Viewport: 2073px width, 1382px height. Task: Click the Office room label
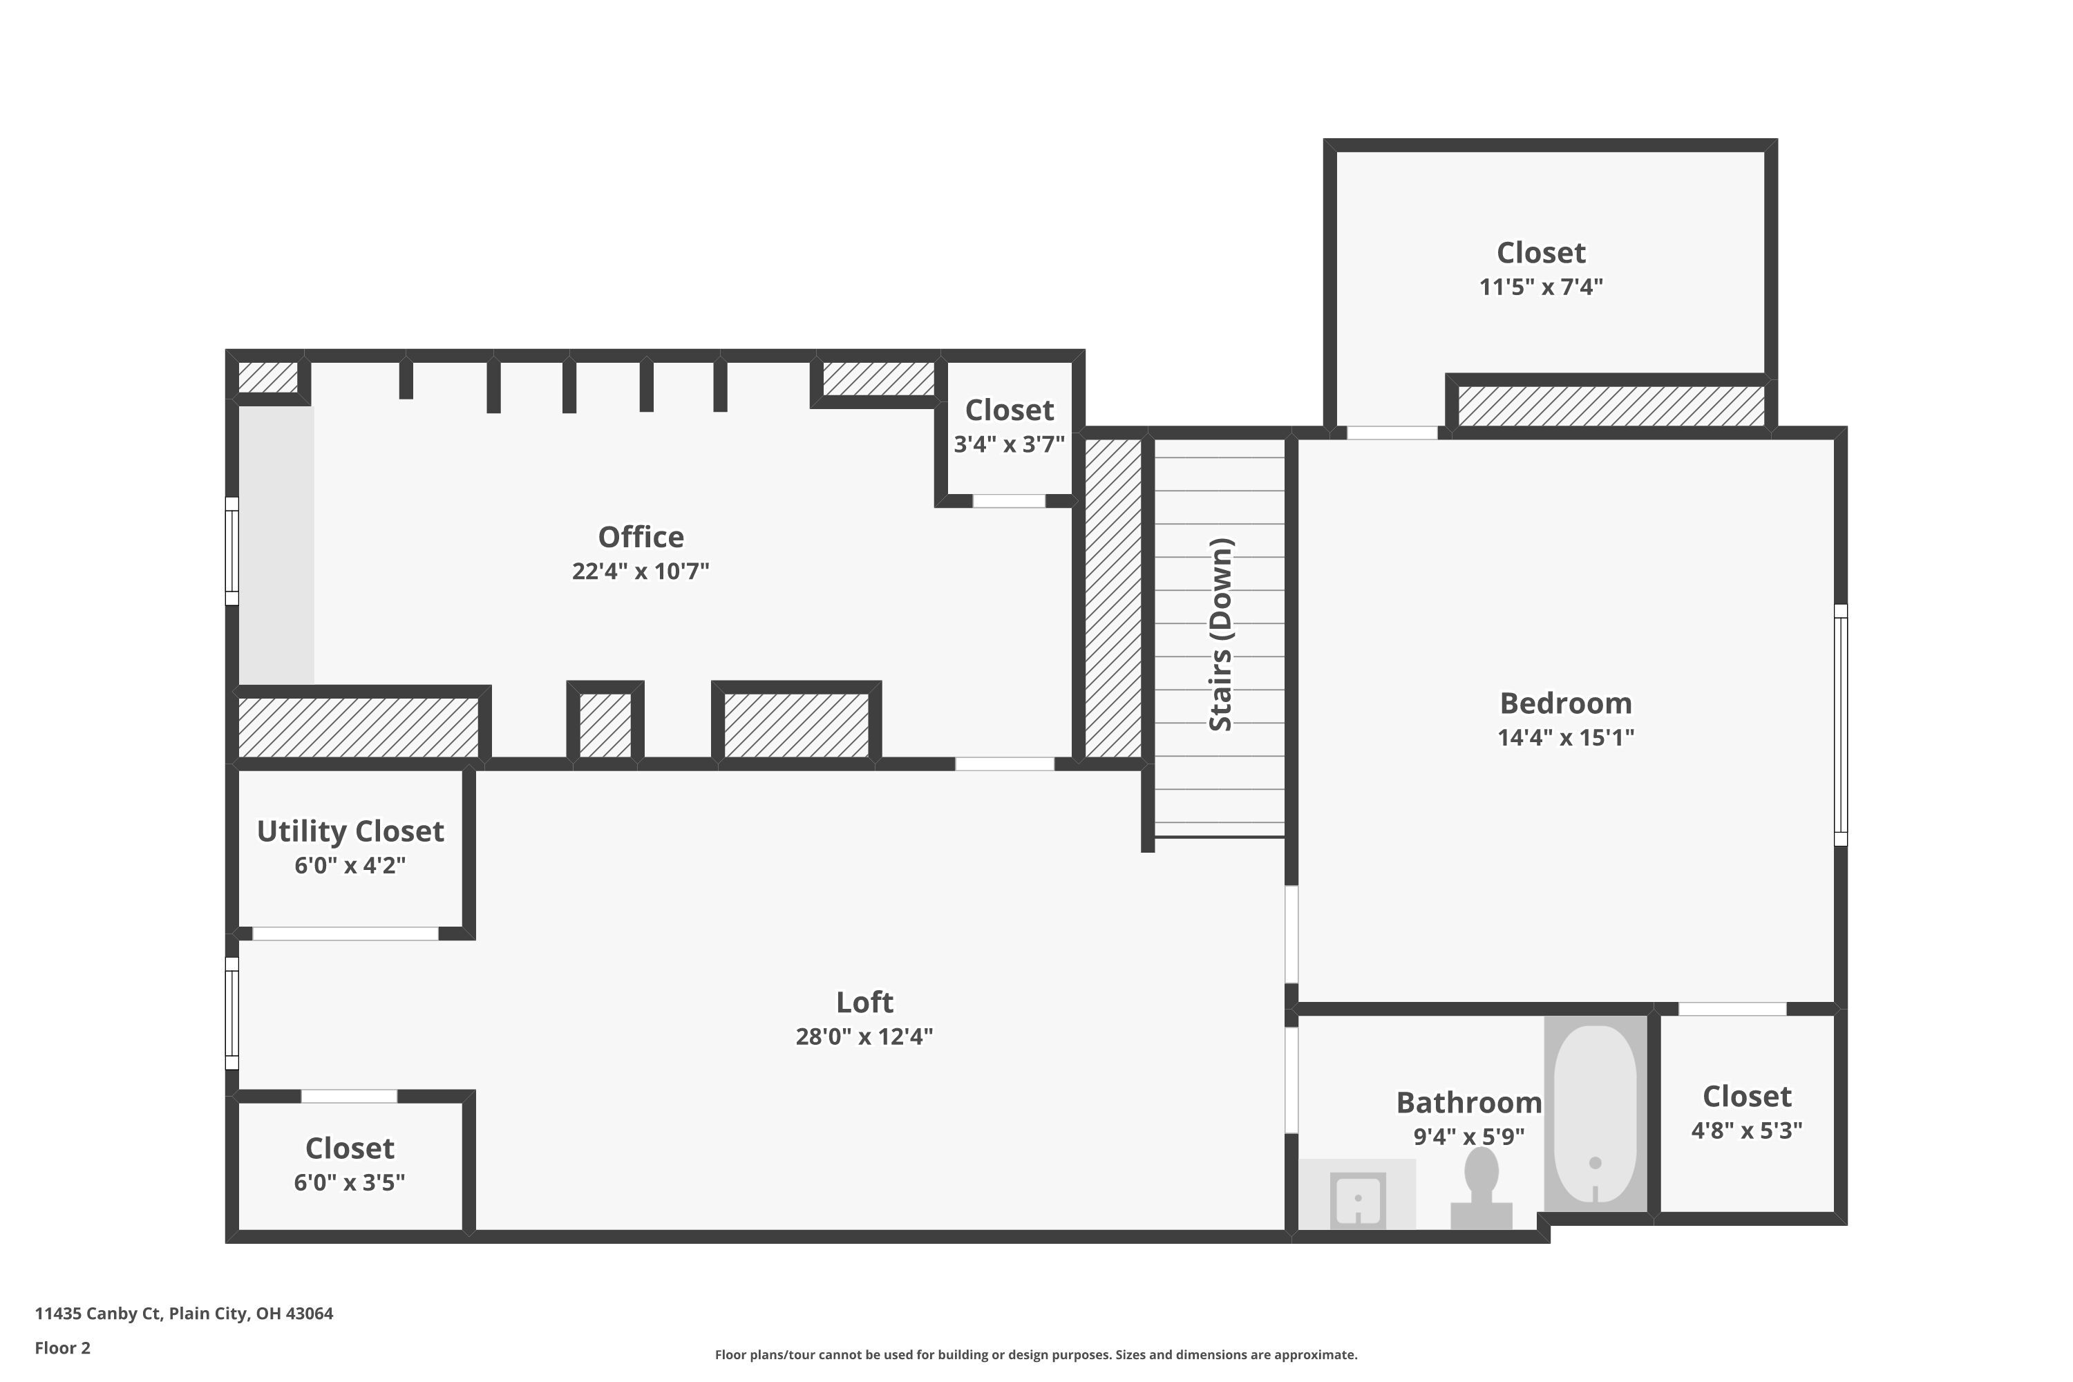pyautogui.click(x=641, y=537)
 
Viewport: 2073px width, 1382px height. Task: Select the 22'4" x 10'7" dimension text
pyautogui.click(x=641, y=571)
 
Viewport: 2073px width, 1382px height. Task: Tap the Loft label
pyautogui.click(x=864, y=1002)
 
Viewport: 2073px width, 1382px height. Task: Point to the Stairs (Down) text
pyautogui.click(x=1221, y=634)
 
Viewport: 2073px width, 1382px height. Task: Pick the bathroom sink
pyautogui.click(x=1359, y=1200)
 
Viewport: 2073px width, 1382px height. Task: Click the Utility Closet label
pyautogui.click(x=350, y=831)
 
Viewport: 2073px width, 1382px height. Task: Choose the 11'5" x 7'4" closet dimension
pyautogui.click(x=1541, y=287)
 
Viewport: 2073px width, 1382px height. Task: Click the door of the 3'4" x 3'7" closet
pyautogui.click(x=1008, y=500)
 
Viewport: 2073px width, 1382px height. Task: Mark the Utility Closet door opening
pyautogui.click(x=345, y=934)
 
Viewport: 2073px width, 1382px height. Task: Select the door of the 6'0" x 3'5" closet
pyautogui.click(x=349, y=1097)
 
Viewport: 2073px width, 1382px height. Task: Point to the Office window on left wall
pyautogui.click(x=231, y=551)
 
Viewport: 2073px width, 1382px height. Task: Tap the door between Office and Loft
pyautogui.click(x=1004, y=764)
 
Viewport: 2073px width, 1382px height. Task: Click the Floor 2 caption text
pyautogui.click(x=63, y=1347)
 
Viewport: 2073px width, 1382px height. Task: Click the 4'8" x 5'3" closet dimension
pyautogui.click(x=1746, y=1130)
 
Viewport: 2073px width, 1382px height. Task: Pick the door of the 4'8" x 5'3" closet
pyautogui.click(x=1731, y=1009)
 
